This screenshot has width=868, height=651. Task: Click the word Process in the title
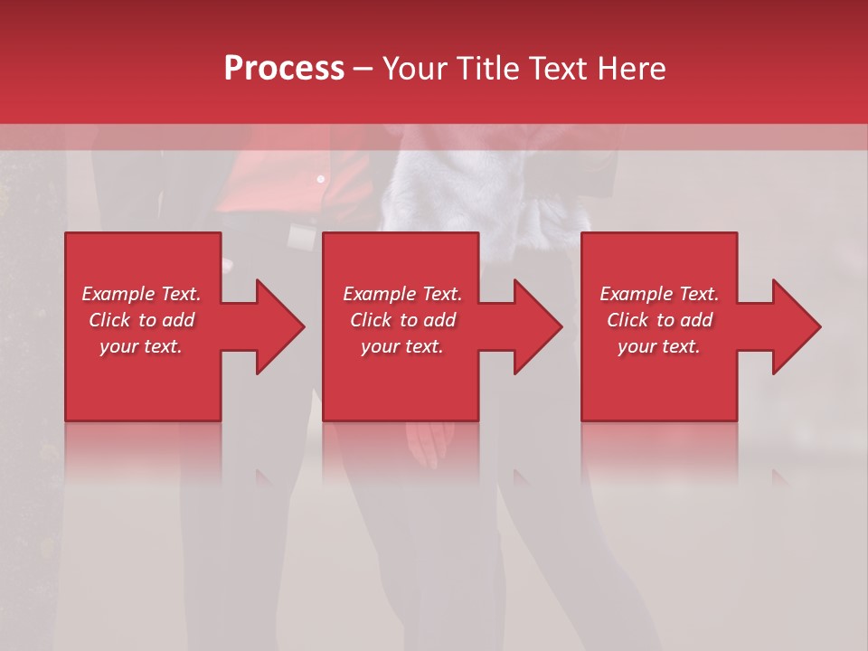point(284,68)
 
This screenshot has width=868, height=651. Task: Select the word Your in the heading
point(415,68)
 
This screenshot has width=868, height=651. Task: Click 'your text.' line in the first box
point(141,346)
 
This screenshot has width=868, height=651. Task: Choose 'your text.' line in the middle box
point(401,346)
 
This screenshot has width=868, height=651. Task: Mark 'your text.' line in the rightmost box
point(658,346)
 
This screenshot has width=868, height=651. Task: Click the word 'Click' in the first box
point(109,320)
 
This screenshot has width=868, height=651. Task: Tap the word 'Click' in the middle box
point(371,320)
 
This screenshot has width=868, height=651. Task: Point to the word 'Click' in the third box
point(627,320)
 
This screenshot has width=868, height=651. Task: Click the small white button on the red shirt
point(320,179)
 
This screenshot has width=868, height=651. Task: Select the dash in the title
point(363,69)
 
